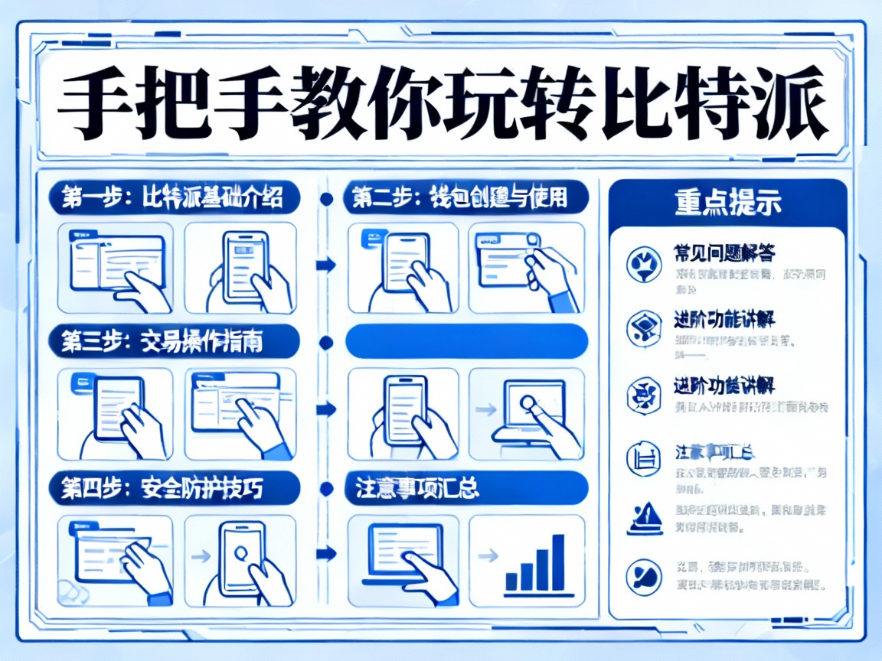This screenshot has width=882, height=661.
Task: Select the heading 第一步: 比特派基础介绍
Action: (x=175, y=198)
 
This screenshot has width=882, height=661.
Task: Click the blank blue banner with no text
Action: (x=467, y=342)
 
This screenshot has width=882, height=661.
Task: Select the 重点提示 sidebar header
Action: (x=727, y=204)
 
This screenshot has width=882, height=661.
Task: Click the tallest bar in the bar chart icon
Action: (x=558, y=562)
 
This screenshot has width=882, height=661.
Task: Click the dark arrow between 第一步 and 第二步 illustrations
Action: (x=326, y=265)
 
